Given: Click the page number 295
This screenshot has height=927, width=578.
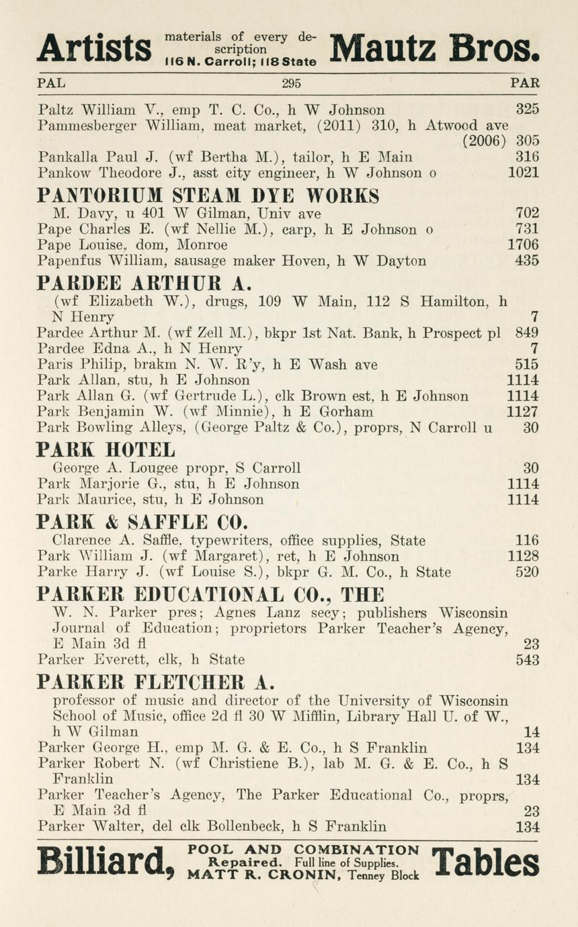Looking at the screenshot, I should tap(291, 84).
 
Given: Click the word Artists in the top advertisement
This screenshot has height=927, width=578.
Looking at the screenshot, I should tap(93, 47).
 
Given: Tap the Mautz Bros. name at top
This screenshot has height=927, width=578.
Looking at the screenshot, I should tap(435, 47).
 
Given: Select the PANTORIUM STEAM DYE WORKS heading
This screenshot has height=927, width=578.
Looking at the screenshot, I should tap(208, 196).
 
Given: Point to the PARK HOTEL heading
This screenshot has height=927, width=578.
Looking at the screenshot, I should tap(106, 449).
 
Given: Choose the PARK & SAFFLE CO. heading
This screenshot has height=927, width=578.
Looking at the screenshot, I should tap(142, 521).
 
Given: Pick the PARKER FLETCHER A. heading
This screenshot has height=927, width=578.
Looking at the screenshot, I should tap(156, 681).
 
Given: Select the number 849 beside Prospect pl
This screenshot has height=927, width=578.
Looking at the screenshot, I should tap(527, 333).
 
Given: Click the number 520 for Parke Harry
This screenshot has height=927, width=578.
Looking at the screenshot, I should tap(527, 572).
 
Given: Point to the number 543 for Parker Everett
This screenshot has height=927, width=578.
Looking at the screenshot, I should tap(527, 659).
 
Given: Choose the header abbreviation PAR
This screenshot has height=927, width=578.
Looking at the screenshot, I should tap(525, 84).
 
